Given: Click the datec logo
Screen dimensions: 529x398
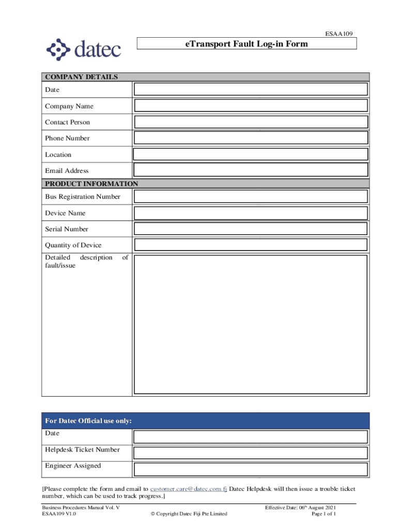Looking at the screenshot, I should coord(83,49).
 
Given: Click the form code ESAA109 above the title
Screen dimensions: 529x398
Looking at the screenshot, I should coord(339,34).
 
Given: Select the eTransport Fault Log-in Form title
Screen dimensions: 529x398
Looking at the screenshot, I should coord(247,44).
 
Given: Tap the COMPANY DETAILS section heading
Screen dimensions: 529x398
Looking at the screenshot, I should coord(81,77).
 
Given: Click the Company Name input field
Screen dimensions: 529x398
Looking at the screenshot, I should coord(251,106).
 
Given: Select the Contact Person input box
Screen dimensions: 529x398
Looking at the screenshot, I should coord(251,122).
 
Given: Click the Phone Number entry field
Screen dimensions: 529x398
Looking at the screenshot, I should coord(251,138).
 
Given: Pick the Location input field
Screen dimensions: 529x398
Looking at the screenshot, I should coord(251,154).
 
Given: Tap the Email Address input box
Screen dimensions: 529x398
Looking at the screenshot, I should coord(251,170).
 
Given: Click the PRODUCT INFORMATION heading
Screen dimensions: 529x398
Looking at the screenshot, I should coord(91,184).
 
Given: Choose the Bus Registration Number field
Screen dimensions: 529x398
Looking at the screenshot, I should coord(251,196).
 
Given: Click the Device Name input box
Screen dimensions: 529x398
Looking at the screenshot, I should coord(251,213).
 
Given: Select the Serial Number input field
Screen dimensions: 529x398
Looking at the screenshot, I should coord(251,229).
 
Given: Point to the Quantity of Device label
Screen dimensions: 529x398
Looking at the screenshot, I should coord(73,245).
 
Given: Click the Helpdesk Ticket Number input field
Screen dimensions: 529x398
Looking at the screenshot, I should coord(251,453).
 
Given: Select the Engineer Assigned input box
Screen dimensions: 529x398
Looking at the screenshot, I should coord(251,470).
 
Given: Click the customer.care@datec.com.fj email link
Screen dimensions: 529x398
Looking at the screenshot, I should coord(188,489).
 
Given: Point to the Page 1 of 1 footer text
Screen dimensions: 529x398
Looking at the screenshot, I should coord(324,514).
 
